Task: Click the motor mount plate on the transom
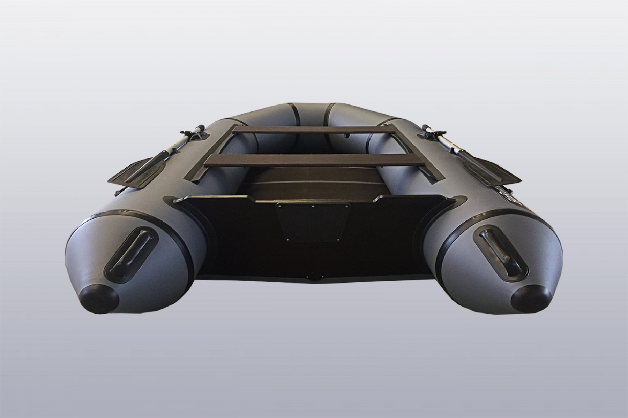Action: tap(313, 221)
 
